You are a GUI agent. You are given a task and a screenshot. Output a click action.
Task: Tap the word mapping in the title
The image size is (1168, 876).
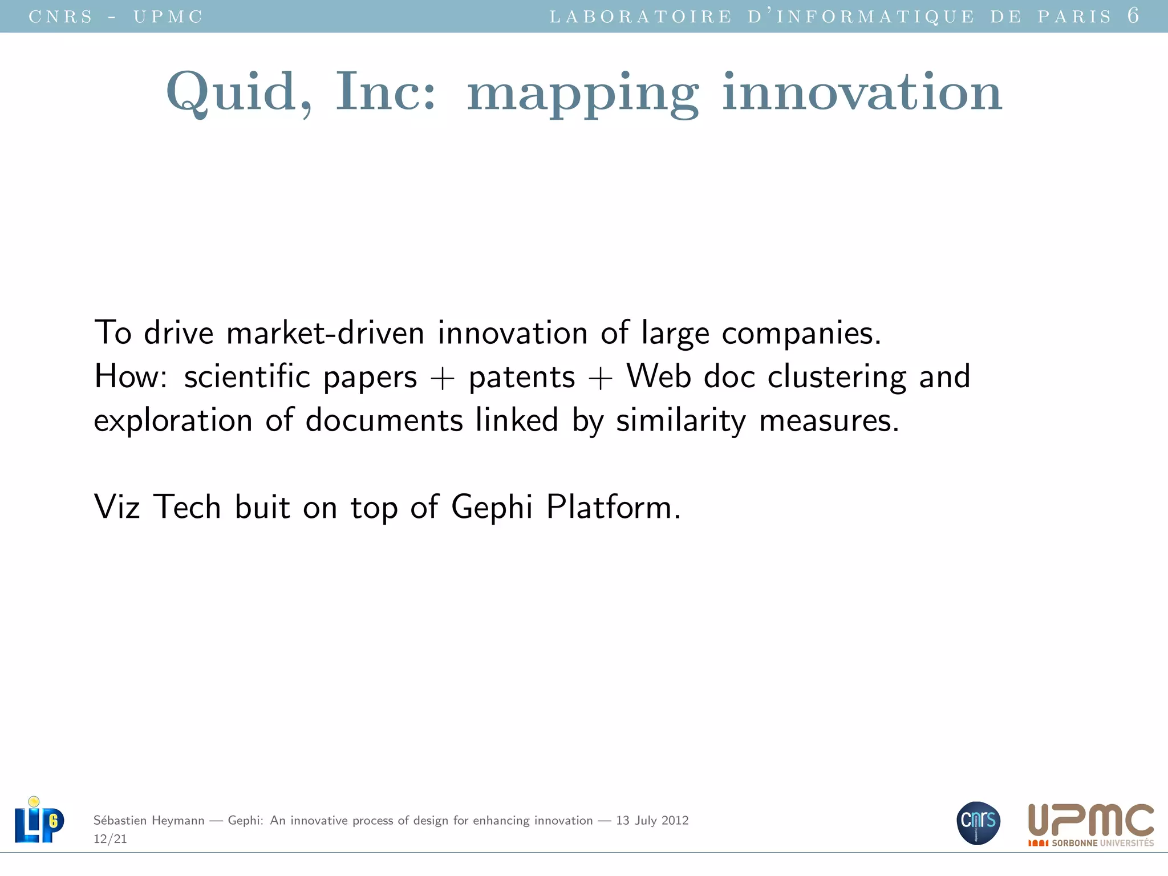coord(583,95)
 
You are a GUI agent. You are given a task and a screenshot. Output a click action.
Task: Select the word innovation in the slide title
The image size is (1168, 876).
coord(862,92)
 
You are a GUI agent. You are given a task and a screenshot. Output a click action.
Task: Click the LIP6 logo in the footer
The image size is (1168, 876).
coord(39,820)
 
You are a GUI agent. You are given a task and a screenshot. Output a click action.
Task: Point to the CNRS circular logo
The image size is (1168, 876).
coord(978,822)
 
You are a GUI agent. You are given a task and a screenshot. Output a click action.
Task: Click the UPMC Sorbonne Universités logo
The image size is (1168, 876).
coord(1090,825)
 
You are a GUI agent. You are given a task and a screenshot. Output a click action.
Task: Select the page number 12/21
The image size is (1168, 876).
coord(110,839)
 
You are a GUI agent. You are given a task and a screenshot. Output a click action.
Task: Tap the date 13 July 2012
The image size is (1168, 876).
coord(652,820)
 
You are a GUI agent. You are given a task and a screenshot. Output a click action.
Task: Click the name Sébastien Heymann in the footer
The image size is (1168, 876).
coord(149,820)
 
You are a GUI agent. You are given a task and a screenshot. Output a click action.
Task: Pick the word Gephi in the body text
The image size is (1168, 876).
coord(492,506)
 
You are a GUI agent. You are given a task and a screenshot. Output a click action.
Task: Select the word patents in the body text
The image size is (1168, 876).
coord(522,377)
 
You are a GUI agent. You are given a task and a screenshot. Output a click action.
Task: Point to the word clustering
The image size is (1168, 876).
coord(837,377)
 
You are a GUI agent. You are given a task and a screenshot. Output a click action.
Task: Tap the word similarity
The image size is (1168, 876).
coord(681,421)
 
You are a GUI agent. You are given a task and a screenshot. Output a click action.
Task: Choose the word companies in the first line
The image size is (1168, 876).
coord(801,334)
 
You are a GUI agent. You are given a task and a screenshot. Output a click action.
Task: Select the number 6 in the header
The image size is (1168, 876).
coord(1133,15)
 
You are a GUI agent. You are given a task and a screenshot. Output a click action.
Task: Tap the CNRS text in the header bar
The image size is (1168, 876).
coord(60,17)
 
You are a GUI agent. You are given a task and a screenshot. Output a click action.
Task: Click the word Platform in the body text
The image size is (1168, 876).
coord(613,506)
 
